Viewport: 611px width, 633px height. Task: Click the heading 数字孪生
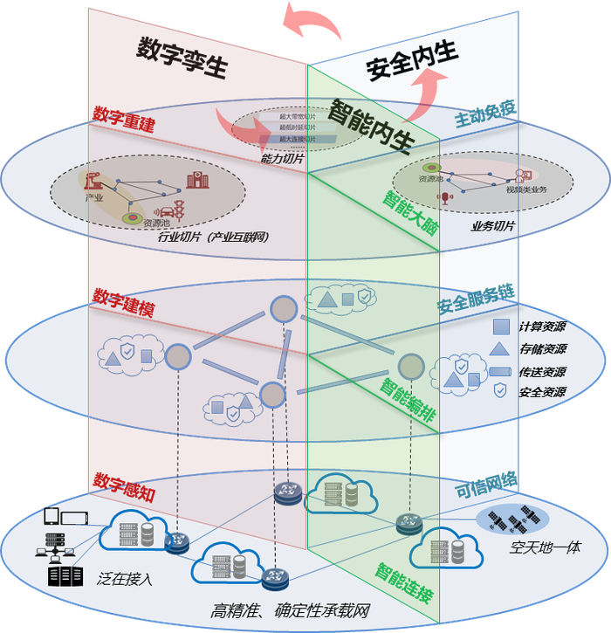point(182,58)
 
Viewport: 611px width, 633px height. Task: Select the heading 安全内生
point(411,61)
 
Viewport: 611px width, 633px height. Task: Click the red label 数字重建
point(123,120)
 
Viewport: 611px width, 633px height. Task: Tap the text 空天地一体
point(546,548)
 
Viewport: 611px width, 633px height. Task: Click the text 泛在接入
point(126,577)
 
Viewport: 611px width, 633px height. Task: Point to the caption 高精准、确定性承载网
point(291,611)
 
